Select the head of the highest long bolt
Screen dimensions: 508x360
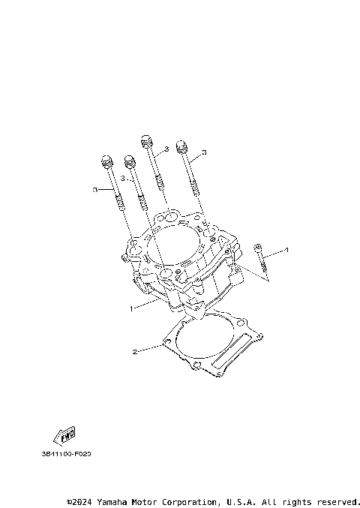click(145, 140)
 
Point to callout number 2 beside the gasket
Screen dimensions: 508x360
click(135, 350)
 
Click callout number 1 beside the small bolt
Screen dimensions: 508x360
click(286, 249)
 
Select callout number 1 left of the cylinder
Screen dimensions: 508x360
click(132, 308)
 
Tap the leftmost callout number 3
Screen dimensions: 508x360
click(94, 190)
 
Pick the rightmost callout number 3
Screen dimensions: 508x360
click(204, 152)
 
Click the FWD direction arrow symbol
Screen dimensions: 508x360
click(64, 435)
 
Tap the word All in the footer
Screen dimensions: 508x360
click(270, 501)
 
